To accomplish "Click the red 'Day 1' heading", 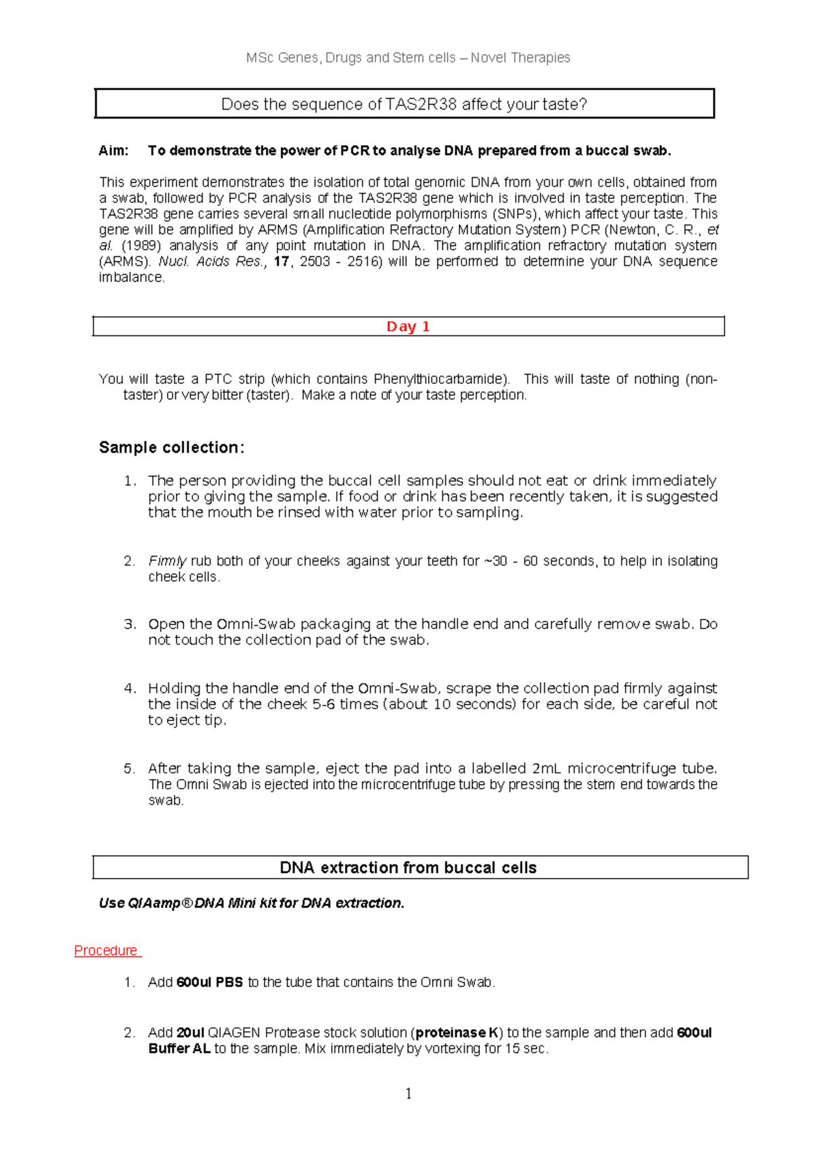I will pos(408,326).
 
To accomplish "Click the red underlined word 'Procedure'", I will pos(106,950).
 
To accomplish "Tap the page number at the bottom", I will pos(408,1093).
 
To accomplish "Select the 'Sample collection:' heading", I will pos(171,447).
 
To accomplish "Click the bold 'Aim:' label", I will pos(113,151).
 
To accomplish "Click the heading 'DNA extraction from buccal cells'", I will pos(408,867).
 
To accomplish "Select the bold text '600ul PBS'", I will pos(209,982).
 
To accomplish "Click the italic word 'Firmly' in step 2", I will pos(167,561).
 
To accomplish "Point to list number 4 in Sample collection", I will pos(130,688).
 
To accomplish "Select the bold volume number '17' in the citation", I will pos(281,262).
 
